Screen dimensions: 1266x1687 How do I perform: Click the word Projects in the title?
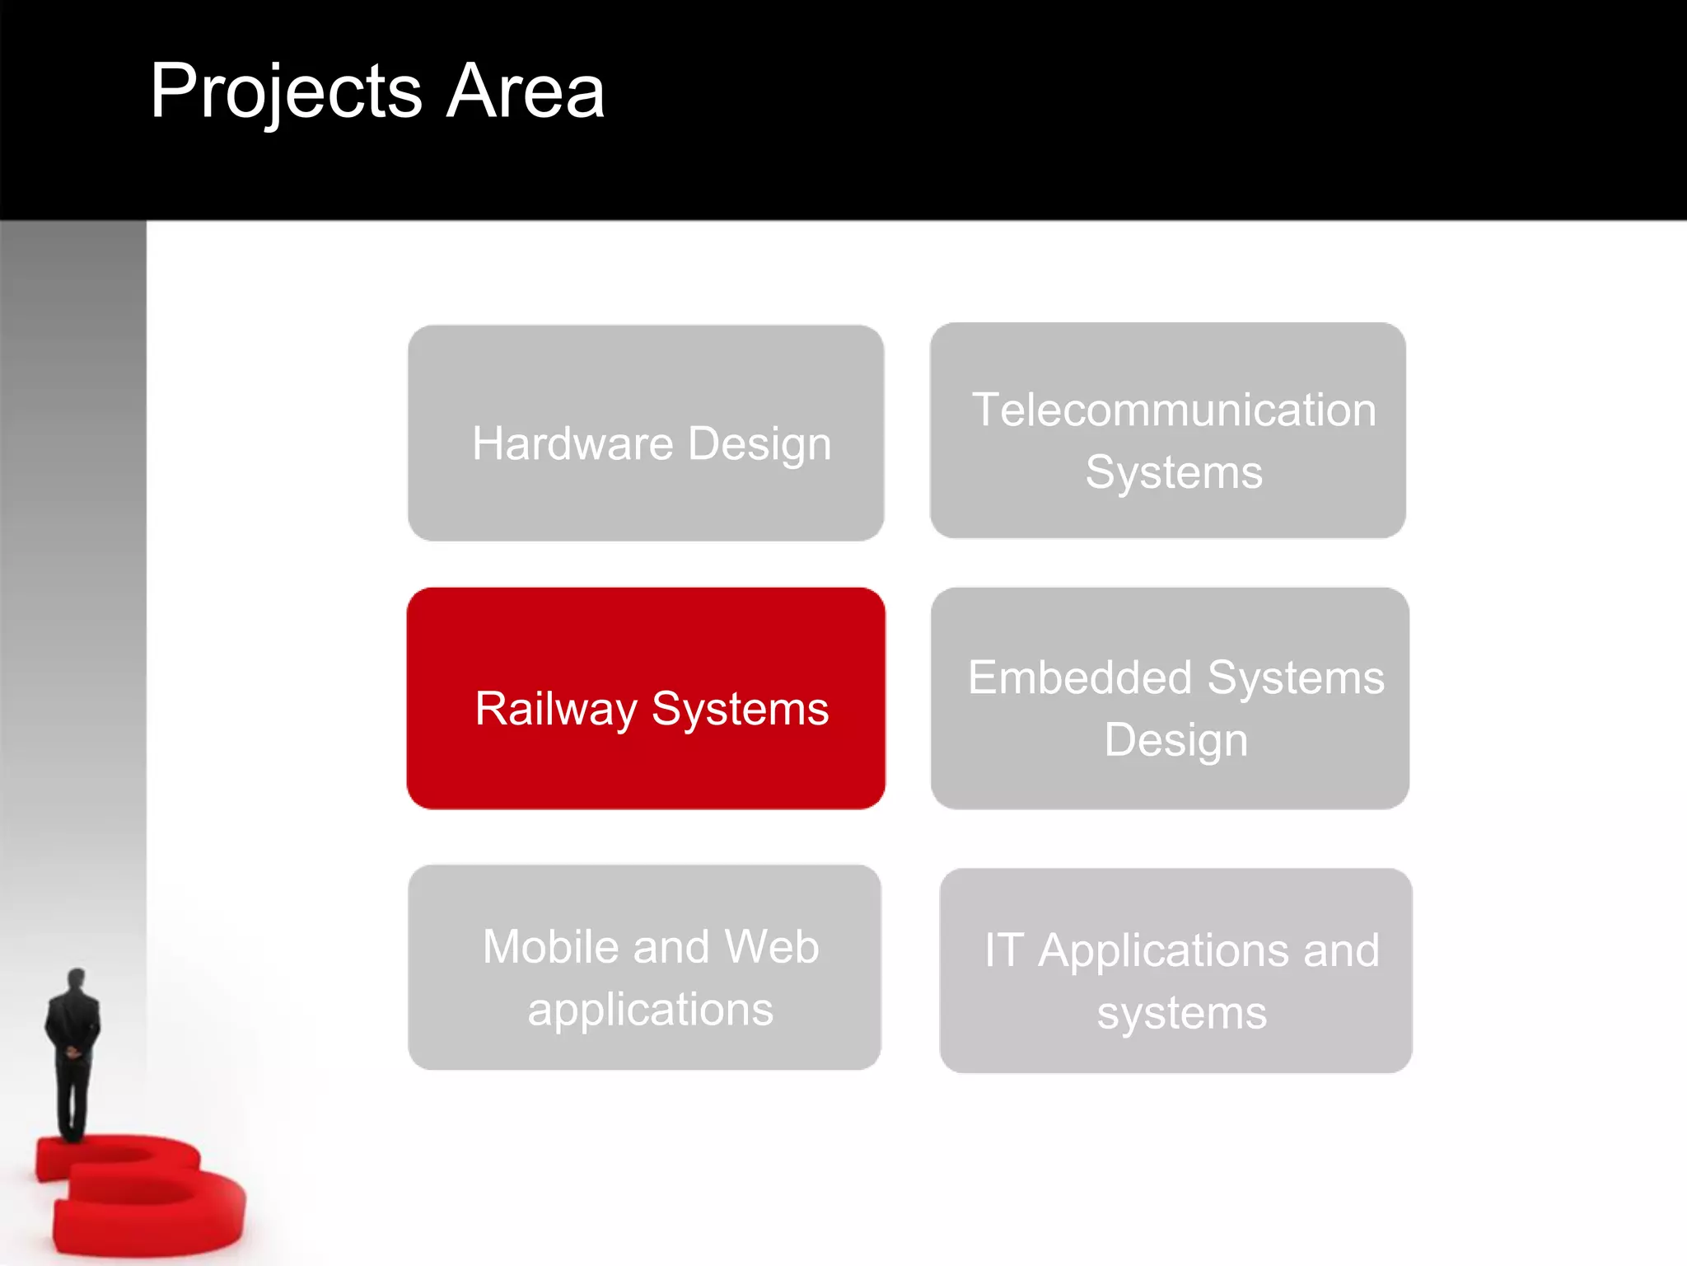tap(285, 92)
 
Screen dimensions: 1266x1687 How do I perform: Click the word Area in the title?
tap(525, 92)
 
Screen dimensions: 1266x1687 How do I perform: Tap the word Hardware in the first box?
tap(572, 444)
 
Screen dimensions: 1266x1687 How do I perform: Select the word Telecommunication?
tap(1174, 410)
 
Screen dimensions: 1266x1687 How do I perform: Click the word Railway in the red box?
tap(556, 710)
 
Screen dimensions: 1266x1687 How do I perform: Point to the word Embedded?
tap(1080, 678)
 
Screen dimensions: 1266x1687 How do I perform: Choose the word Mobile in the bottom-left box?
tap(550, 947)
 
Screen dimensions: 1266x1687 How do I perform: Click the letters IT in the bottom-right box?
tap(1004, 950)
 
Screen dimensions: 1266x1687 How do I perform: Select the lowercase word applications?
tap(650, 1010)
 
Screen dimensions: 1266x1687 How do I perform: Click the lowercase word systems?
tap(1181, 1014)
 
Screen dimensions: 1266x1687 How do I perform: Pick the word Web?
tap(772, 947)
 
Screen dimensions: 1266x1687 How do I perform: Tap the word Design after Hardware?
tap(759, 444)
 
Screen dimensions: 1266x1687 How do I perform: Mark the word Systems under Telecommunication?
tap(1174, 473)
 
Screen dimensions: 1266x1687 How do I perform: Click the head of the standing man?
tap(76, 979)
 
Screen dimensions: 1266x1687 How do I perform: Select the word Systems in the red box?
tap(740, 710)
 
